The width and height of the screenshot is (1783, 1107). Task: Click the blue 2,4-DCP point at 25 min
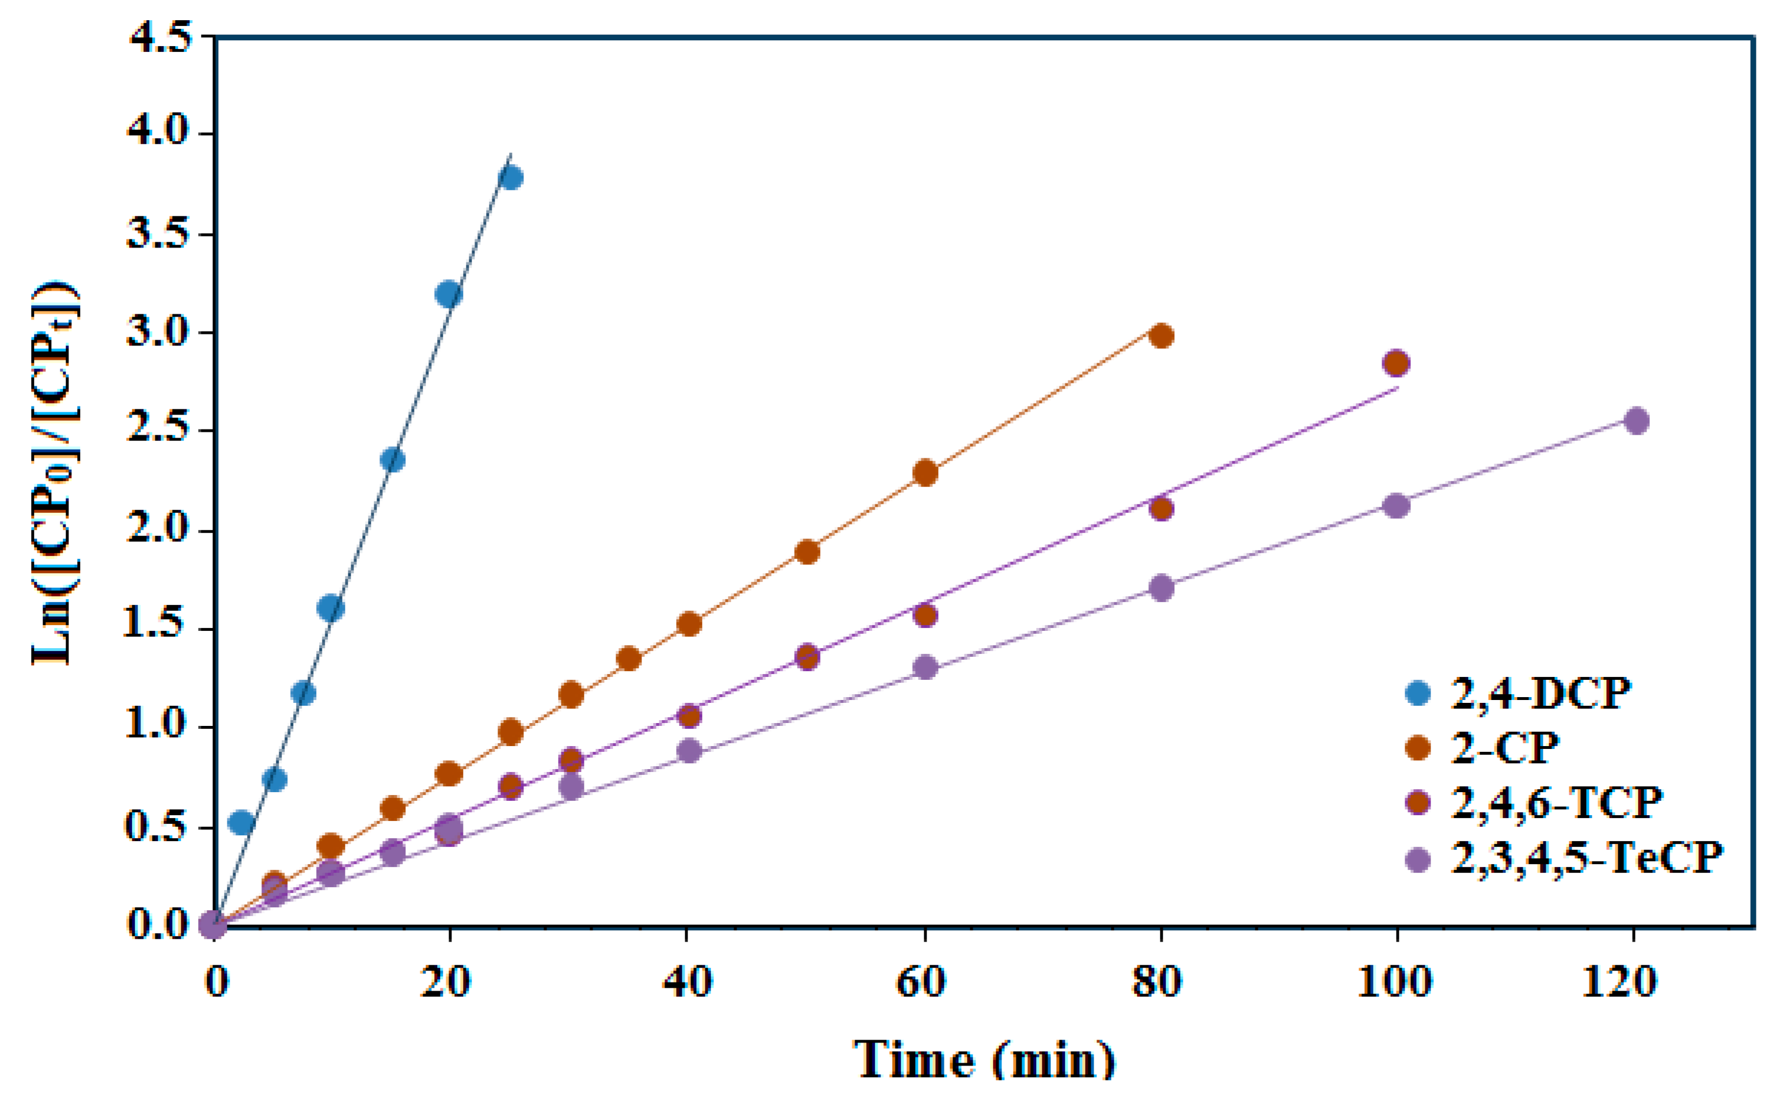point(510,178)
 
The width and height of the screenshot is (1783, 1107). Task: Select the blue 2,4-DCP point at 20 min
point(449,294)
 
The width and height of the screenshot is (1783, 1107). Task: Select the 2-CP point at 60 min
point(925,473)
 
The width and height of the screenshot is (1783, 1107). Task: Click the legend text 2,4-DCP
point(1541,693)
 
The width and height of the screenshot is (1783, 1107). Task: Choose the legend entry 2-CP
point(1505,748)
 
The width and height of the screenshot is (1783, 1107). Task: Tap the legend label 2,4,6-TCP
point(1556,802)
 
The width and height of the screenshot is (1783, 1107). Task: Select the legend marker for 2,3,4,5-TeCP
point(1418,859)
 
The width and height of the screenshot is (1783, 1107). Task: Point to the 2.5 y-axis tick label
point(160,430)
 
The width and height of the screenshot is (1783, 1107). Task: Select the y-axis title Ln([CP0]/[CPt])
point(55,474)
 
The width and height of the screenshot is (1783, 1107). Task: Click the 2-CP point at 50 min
point(807,551)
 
